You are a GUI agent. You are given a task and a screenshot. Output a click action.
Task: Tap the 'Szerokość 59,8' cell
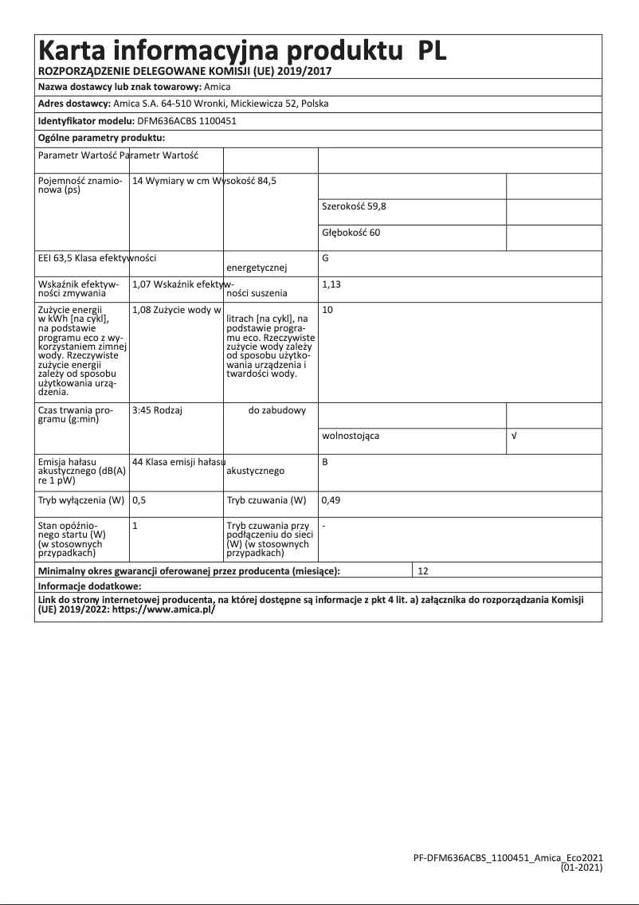coord(354,206)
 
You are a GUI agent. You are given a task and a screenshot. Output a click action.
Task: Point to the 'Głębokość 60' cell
coord(351,232)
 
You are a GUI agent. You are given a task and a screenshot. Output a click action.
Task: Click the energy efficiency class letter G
coord(326,258)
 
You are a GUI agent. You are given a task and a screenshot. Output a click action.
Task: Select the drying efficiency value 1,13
coord(331,284)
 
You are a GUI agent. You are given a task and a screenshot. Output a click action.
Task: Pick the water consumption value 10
coord(327,309)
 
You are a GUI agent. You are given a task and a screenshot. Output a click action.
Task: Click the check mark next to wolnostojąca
coord(514,437)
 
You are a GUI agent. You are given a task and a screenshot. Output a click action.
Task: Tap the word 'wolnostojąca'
coord(351,437)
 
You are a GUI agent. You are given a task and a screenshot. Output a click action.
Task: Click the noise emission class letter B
coord(325,462)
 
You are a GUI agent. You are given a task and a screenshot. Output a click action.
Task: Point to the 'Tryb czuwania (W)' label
coord(266,501)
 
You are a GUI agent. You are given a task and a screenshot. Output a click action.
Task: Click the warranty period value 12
coord(423,571)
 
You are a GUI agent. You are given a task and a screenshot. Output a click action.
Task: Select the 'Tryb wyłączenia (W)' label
coord(81,501)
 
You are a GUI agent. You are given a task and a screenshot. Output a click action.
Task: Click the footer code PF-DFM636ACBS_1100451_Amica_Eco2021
coord(508,858)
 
